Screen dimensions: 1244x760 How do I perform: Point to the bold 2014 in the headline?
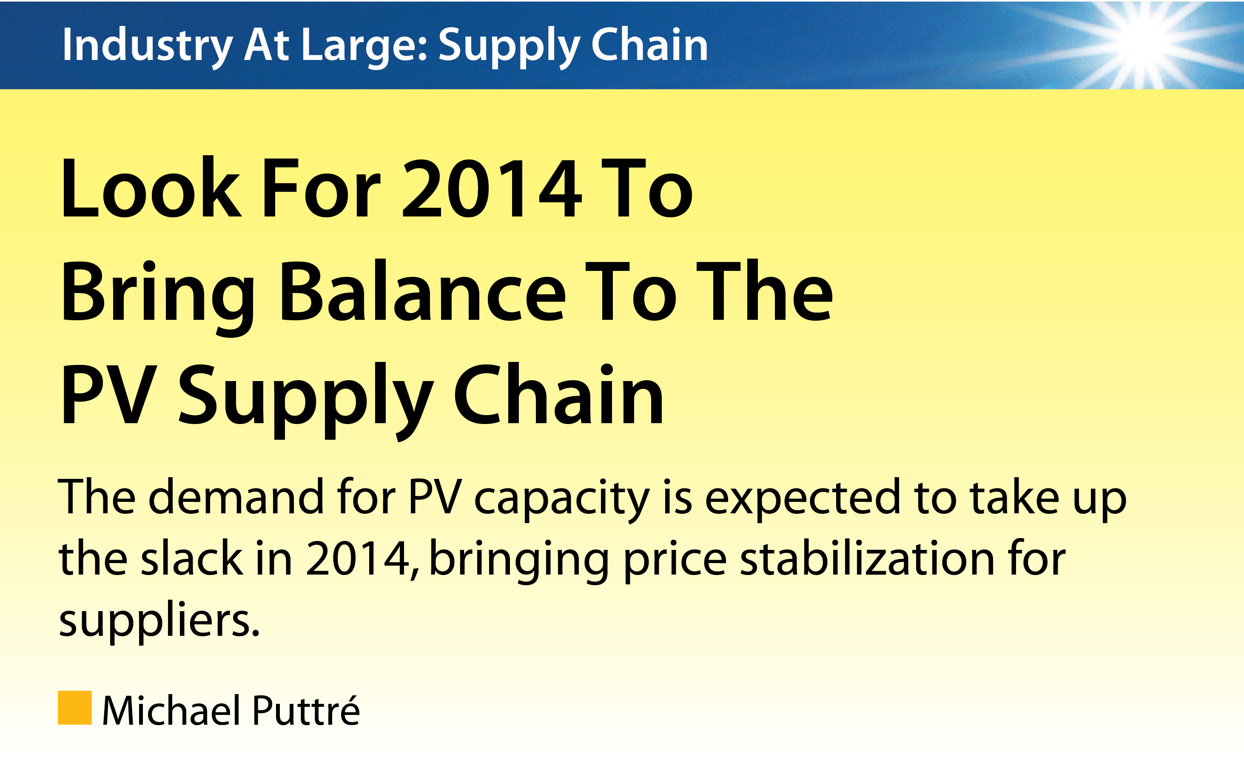pos(492,188)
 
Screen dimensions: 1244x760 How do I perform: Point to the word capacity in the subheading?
pos(562,501)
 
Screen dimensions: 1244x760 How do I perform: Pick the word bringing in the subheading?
pos(519,561)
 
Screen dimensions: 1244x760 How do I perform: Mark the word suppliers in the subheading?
pos(159,622)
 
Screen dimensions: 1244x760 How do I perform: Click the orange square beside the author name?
pos(75,708)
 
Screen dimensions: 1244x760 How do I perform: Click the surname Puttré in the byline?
pos(306,709)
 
